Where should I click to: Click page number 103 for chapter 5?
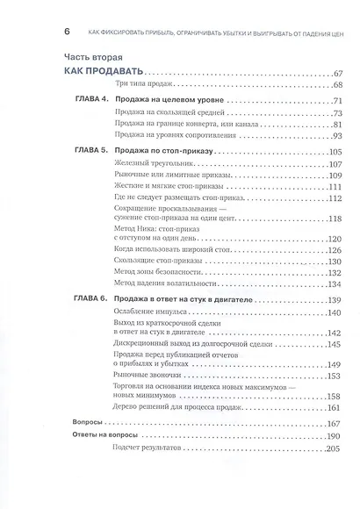(x=334, y=151)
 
